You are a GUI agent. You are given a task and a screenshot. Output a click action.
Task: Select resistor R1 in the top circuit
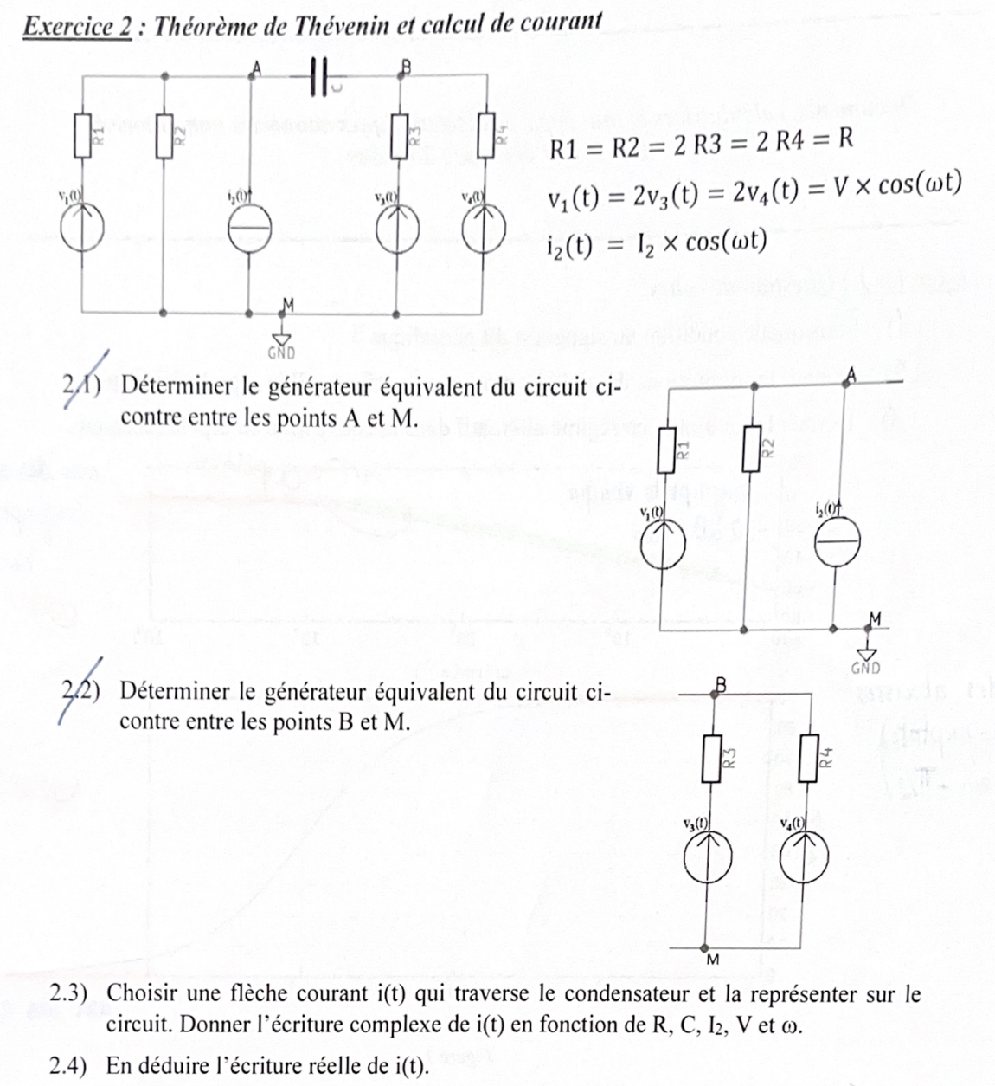click(83, 135)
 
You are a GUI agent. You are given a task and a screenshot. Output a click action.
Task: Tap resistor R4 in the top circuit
click(486, 135)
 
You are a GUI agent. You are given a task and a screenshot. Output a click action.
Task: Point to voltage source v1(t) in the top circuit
click(82, 228)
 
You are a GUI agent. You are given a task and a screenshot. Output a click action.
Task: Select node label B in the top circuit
click(406, 65)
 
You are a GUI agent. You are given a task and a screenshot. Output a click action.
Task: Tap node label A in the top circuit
click(255, 65)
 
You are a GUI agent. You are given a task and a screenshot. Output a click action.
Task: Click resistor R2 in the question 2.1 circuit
click(752, 448)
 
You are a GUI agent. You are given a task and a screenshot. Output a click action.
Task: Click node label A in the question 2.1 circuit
click(851, 373)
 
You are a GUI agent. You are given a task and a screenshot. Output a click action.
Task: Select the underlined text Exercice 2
click(77, 27)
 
